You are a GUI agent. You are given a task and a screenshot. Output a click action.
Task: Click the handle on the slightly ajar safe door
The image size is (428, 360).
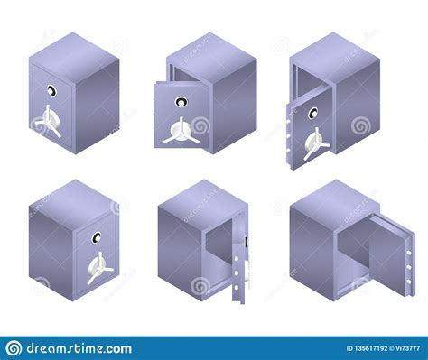point(177,132)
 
